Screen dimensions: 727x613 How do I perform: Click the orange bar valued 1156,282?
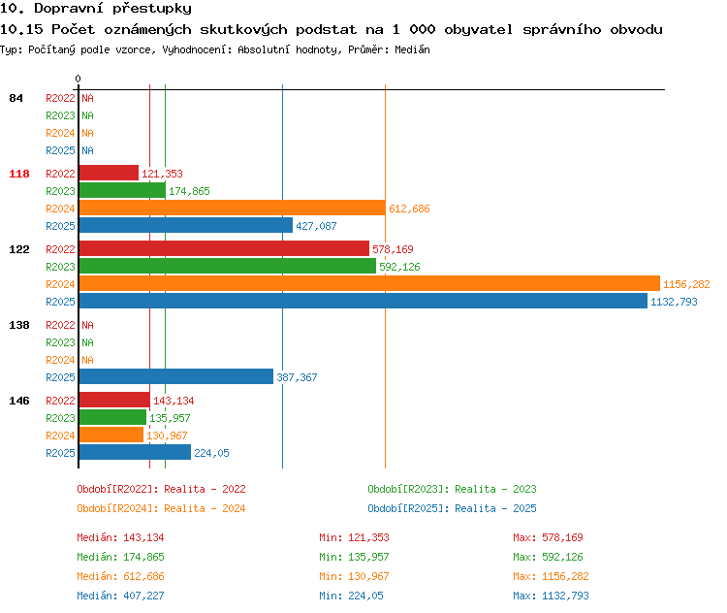(x=369, y=283)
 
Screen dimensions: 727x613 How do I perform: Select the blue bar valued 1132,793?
(x=363, y=301)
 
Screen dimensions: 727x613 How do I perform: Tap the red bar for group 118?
(x=109, y=173)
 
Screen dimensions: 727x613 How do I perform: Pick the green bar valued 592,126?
(x=228, y=266)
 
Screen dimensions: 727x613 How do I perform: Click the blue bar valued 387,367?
(x=176, y=376)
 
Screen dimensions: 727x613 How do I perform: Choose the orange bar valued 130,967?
(x=111, y=435)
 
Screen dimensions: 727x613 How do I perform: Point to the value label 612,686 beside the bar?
(x=409, y=209)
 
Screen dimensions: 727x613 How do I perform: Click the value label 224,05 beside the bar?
(x=211, y=453)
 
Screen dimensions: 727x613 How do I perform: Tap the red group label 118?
(x=19, y=174)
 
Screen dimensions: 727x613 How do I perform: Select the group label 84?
(x=16, y=98)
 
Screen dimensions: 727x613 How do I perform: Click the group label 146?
(x=19, y=401)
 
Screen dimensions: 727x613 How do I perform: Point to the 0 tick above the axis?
(x=78, y=79)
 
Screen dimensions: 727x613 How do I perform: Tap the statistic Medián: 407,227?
(x=120, y=596)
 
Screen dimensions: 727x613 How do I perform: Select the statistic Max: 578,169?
(x=548, y=537)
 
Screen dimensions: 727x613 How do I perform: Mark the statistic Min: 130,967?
(x=354, y=576)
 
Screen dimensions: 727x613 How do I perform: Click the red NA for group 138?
(x=87, y=325)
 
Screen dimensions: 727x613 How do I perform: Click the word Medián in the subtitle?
(x=412, y=49)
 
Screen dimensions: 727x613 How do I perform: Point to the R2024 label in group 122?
(x=60, y=284)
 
